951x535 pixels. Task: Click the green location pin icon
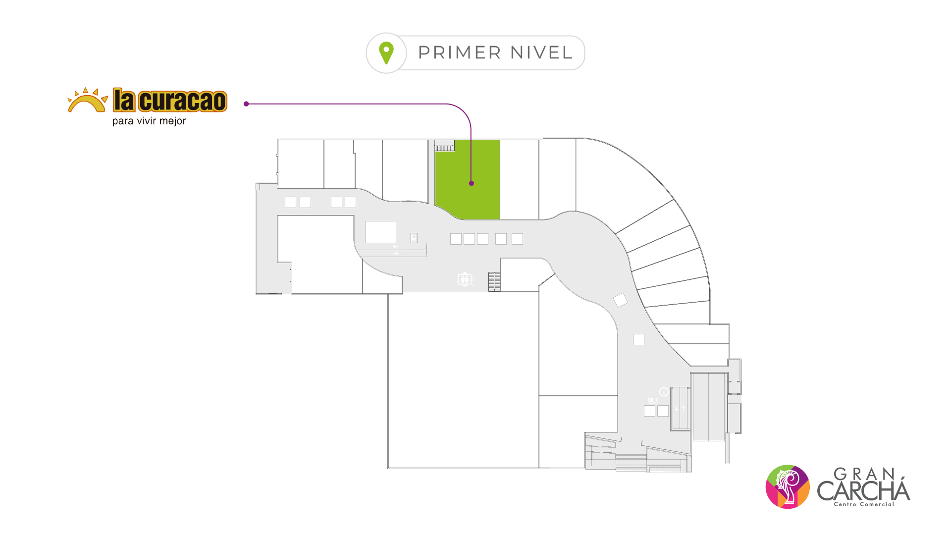point(386,53)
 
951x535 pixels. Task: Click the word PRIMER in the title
point(460,53)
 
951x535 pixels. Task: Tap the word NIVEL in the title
point(541,53)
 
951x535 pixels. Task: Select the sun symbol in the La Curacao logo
point(88,100)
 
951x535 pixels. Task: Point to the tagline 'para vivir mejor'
point(149,121)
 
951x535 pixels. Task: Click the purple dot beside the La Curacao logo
point(246,104)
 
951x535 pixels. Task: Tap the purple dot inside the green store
point(472,183)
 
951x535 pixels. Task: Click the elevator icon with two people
point(464,279)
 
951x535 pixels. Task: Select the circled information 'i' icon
point(664,391)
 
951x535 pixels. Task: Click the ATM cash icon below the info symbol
point(653,400)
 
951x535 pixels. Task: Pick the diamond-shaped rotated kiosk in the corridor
point(620,300)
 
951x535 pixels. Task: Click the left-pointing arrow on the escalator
point(395,246)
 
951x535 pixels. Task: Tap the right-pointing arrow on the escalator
point(395,254)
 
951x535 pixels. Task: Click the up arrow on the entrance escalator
point(684,408)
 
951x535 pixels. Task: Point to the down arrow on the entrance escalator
point(677,408)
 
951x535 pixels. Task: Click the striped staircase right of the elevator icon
point(494,281)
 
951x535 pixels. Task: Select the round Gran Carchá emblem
point(787,486)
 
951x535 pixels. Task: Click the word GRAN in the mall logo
point(864,474)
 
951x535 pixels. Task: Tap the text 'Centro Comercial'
point(864,504)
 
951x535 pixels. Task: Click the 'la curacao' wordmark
point(170,101)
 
